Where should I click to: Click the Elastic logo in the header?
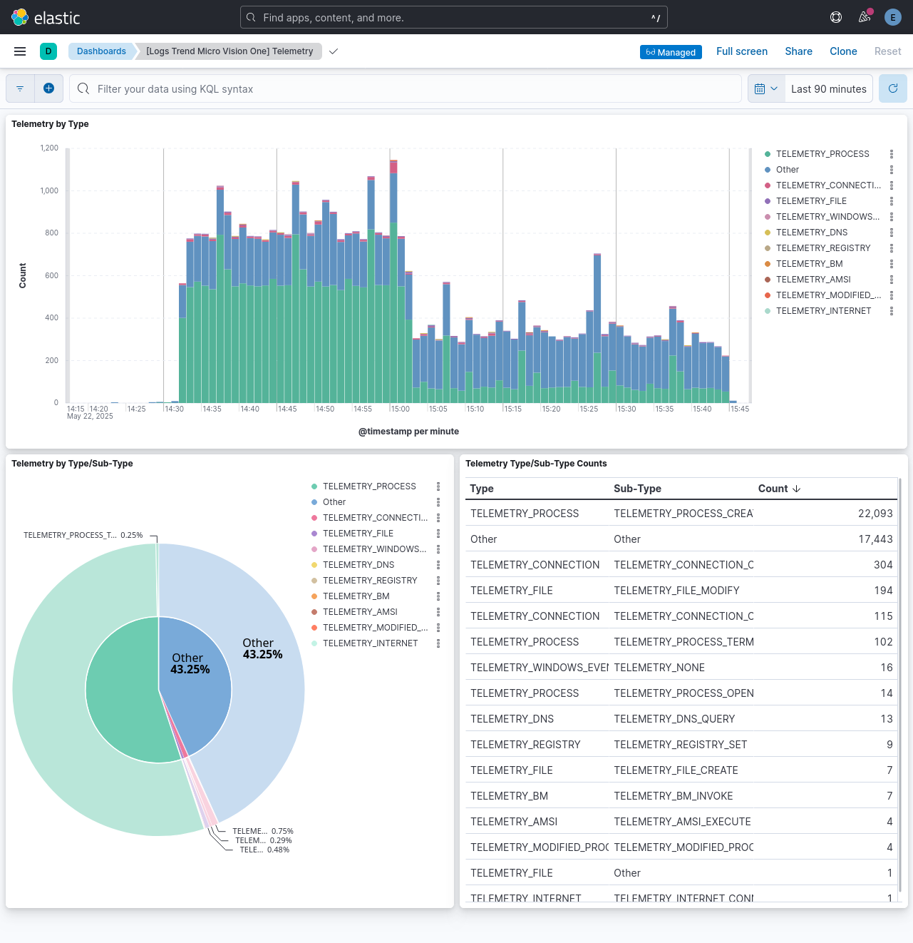pos(46,17)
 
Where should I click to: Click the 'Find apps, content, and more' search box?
pos(453,18)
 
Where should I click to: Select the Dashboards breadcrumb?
pos(101,51)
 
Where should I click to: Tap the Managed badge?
pos(671,52)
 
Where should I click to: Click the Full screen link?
pos(741,51)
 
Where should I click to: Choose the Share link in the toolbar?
pos(798,51)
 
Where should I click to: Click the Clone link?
pos(843,51)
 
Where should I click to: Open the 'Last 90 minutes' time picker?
pos(828,89)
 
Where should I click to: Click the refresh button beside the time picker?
pos(892,88)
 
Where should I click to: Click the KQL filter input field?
pos(406,89)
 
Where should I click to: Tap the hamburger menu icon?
pos(20,51)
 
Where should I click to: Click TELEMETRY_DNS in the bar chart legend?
pos(811,233)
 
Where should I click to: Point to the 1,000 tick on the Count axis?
pos(49,190)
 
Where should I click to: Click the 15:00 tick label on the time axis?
pos(400,409)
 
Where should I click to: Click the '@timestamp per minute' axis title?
pos(408,432)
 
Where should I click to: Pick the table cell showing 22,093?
pos(875,514)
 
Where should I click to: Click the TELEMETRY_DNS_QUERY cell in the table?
pos(674,719)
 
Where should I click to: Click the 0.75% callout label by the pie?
pos(262,831)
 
